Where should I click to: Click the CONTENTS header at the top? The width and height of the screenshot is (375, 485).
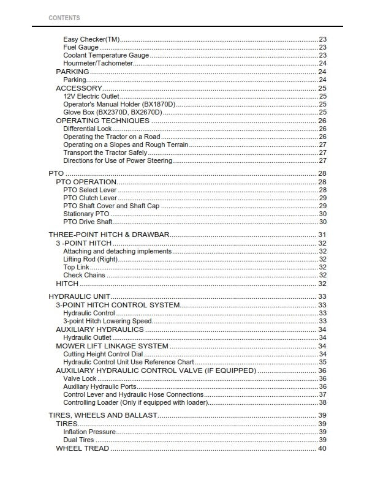64,18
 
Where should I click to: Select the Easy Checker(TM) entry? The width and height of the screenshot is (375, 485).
91,39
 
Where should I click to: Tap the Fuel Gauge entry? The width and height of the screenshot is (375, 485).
81,47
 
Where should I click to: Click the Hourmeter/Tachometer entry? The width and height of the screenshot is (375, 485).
98,63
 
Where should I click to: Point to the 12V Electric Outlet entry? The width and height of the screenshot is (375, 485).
91,96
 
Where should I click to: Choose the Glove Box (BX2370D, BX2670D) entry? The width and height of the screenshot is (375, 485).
113,112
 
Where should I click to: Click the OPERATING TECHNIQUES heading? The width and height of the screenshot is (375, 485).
102,121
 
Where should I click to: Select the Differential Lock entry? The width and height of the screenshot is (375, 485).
87,129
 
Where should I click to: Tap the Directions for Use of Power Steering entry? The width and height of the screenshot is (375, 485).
118,160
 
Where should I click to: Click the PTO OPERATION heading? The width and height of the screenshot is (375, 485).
86,182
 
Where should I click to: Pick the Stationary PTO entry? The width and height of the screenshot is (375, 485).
86,214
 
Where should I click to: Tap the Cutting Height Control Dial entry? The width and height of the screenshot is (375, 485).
103,354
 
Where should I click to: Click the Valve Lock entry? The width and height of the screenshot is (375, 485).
80,378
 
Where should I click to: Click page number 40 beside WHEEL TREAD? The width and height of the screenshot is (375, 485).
322,448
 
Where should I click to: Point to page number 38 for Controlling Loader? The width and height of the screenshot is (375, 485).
322,402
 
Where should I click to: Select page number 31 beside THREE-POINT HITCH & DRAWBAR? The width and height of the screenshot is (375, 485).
322,235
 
